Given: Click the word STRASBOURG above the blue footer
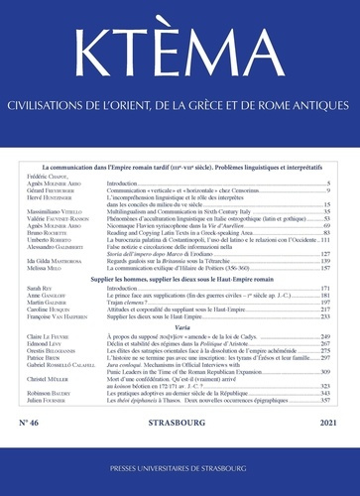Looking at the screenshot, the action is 180,426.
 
